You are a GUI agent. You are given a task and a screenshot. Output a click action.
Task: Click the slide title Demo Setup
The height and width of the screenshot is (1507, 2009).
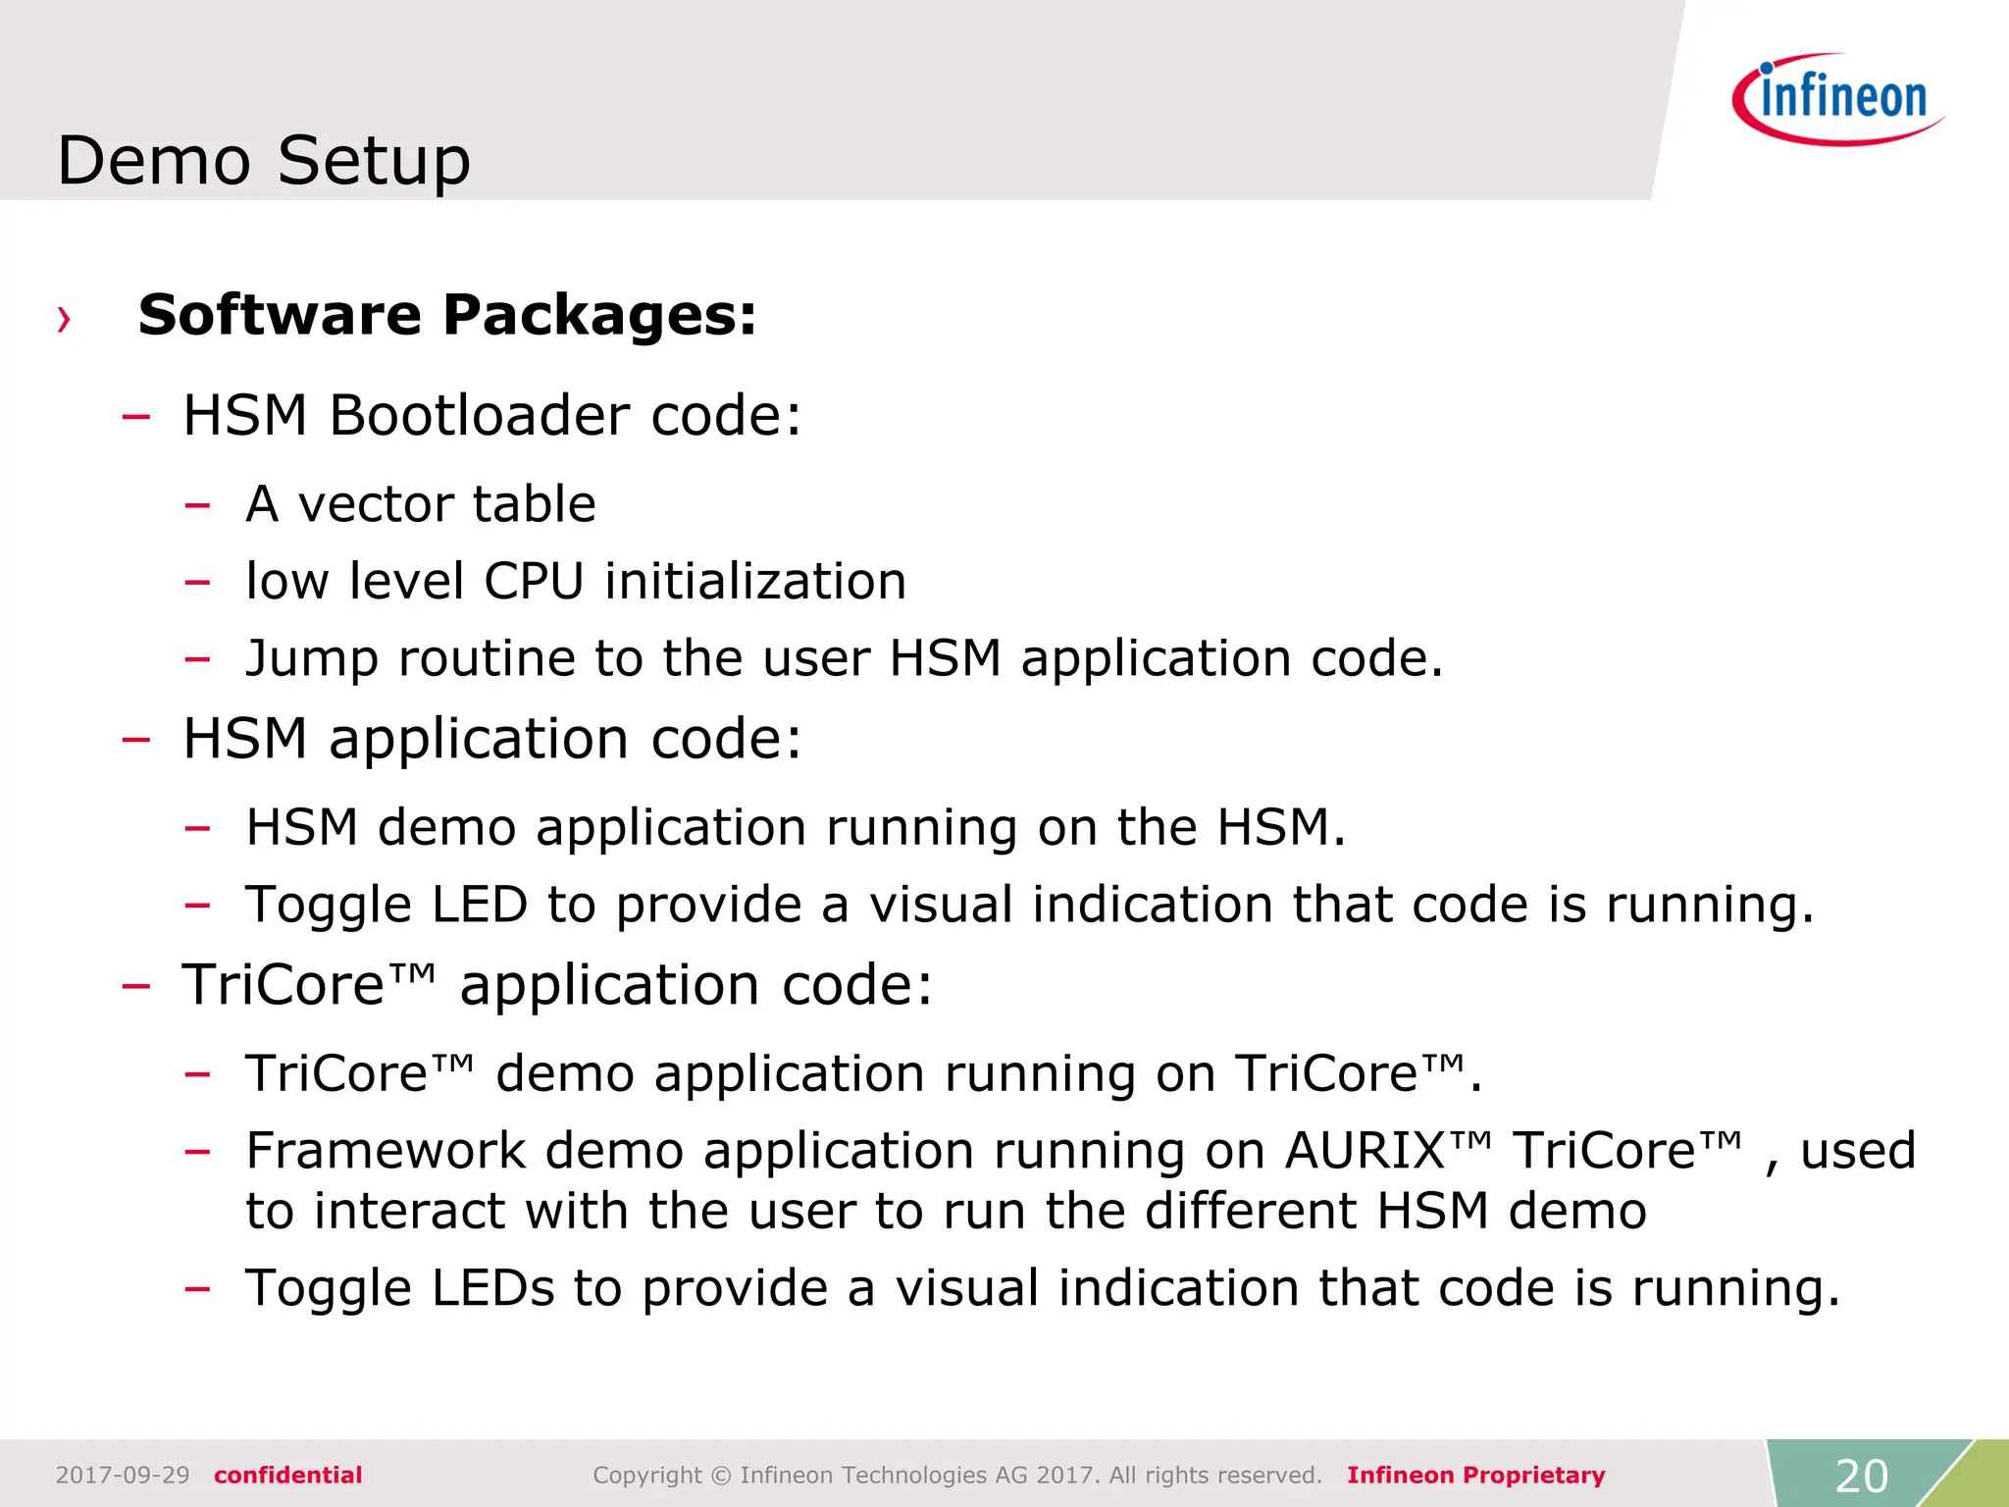pyautogui.click(x=264, y=160)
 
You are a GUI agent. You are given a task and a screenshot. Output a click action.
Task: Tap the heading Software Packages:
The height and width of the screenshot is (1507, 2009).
pyautogui.click(x=447, y=315)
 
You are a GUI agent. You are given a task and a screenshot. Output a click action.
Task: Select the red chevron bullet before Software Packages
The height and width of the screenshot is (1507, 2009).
pyautogui.click(x=64, y=319)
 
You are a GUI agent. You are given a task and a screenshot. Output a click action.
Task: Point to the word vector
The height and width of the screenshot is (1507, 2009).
pyautogui.click(x=376, y=504)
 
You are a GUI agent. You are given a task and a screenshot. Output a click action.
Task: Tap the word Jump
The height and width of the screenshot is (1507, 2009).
pyautogui.click(x=311, y=659)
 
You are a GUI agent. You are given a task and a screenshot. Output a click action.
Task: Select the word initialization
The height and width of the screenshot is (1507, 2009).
pyautogui.click(x=755, y=581)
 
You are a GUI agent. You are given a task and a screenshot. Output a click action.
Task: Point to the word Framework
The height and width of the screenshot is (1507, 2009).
pyautogui.click(x=386, y=1150)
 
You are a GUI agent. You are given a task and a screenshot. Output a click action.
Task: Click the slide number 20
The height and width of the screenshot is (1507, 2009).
pyautogui.click(x=1861, y=1476)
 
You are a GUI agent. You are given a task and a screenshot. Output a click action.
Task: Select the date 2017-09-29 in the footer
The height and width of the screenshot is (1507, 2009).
pyautogui.click(x=123, y=1476)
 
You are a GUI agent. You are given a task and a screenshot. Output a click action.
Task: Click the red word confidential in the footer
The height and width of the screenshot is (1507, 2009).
pyautogui.click(x=288, y=1476)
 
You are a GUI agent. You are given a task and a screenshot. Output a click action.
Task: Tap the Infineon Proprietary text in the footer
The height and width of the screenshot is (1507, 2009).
pyautogui.click(x=1475, y=1476)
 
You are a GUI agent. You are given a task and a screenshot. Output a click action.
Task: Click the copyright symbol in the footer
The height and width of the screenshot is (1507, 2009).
pyautogui.click(x=721, y=1476)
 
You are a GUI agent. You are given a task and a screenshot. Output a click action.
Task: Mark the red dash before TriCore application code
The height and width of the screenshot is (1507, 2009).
pyautogui.click(x=135, y=985)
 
